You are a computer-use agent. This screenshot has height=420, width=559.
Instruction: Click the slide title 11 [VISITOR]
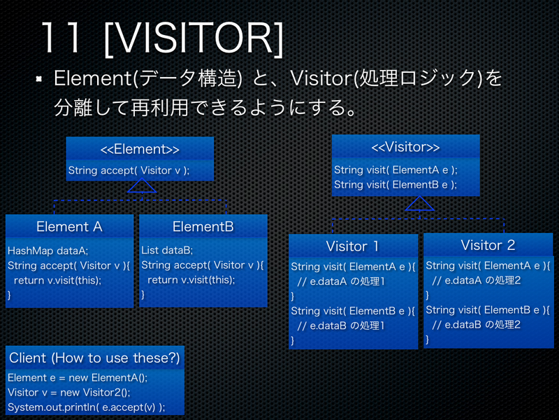click(161, 38)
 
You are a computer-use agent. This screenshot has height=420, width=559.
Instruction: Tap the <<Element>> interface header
click(140, 149)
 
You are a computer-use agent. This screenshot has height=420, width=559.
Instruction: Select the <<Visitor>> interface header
click(405, 147)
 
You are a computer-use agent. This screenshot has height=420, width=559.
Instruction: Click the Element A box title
click(69, 226)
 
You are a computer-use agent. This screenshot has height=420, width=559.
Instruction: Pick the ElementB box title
click(203, 226)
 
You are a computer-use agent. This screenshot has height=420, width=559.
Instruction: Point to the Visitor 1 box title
click(352, 246)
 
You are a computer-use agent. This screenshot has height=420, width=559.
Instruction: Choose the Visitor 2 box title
click(487, 245)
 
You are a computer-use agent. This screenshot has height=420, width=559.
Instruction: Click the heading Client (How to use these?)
click(94, 358)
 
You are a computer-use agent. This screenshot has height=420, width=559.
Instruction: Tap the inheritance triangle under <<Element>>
click(142, 185)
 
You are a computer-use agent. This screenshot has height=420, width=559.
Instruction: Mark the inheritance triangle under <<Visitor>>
click(419, 203)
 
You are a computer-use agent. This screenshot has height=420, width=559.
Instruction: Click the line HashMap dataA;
click(48, 250)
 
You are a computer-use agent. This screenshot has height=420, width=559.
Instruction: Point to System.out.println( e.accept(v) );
click(86, 407)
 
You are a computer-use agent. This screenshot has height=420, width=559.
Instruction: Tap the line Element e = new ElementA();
click(77, 378)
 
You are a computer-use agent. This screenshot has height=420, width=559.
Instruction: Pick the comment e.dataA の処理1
click(341, 281)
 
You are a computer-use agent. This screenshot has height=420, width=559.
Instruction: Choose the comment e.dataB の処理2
click(477, 324)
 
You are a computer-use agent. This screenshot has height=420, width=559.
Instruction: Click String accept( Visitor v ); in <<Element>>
click(129, 170)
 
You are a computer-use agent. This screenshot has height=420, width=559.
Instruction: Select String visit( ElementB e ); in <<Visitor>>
click(395, 185)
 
